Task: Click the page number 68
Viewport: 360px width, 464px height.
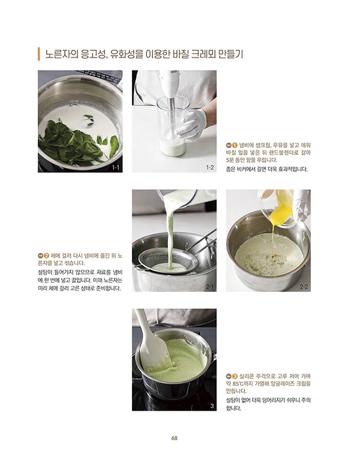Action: (174, 438)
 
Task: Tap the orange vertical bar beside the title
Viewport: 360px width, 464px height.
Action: (38, 54)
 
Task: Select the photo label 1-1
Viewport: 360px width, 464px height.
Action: (115, 168)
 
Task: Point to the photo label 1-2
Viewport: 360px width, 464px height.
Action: (209, 168)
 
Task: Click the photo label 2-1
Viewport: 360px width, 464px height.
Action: (209, 287)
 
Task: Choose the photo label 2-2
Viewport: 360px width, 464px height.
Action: (304, 287)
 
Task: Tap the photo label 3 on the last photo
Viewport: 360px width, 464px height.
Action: (212, 406)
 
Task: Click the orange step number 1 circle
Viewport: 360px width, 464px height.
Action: (235, 145)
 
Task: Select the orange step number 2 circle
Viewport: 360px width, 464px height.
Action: (47, 255)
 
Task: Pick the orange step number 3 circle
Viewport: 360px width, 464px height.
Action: (235, 376)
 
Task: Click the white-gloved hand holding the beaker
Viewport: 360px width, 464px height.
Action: (190, 123)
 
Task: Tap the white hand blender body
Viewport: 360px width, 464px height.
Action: (169, 84)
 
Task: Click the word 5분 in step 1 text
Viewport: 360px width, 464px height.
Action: (230, 161)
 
